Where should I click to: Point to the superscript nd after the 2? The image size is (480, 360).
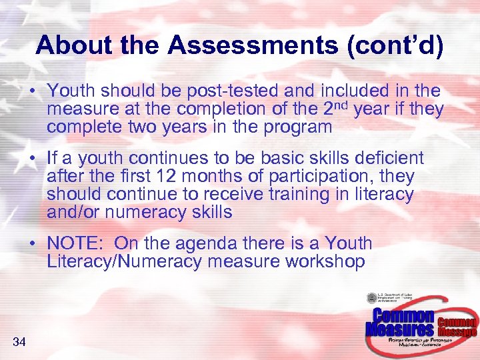click(342, 104)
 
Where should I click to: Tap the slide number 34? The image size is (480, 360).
click(19, 342)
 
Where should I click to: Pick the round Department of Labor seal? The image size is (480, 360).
click(372, 299)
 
